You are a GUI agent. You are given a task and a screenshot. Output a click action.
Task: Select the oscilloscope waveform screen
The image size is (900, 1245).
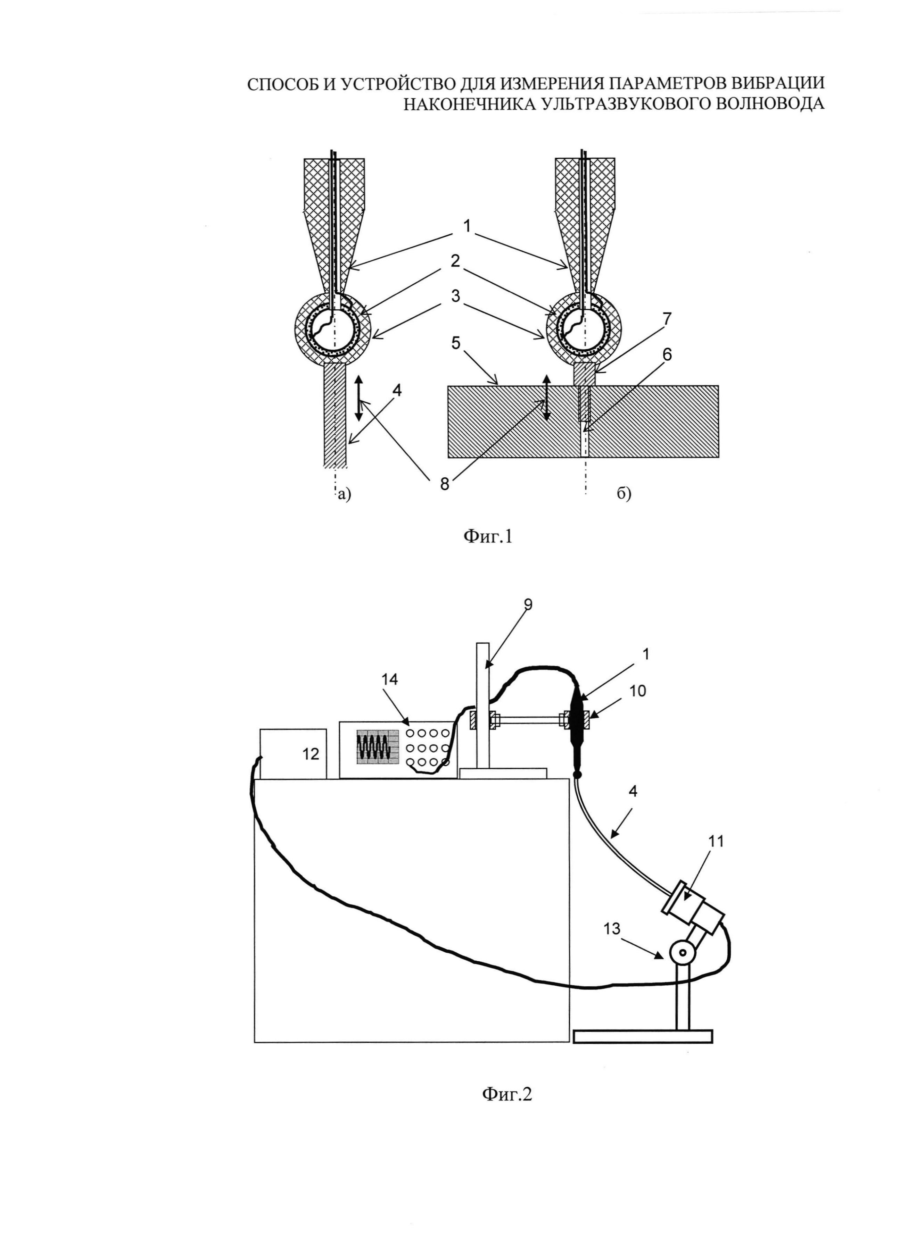[x=375, y=746]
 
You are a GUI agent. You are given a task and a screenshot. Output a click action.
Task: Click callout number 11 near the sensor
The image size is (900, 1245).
[x=716, y=841]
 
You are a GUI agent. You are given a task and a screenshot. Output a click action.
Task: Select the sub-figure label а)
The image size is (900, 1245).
[x=344, y=495]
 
